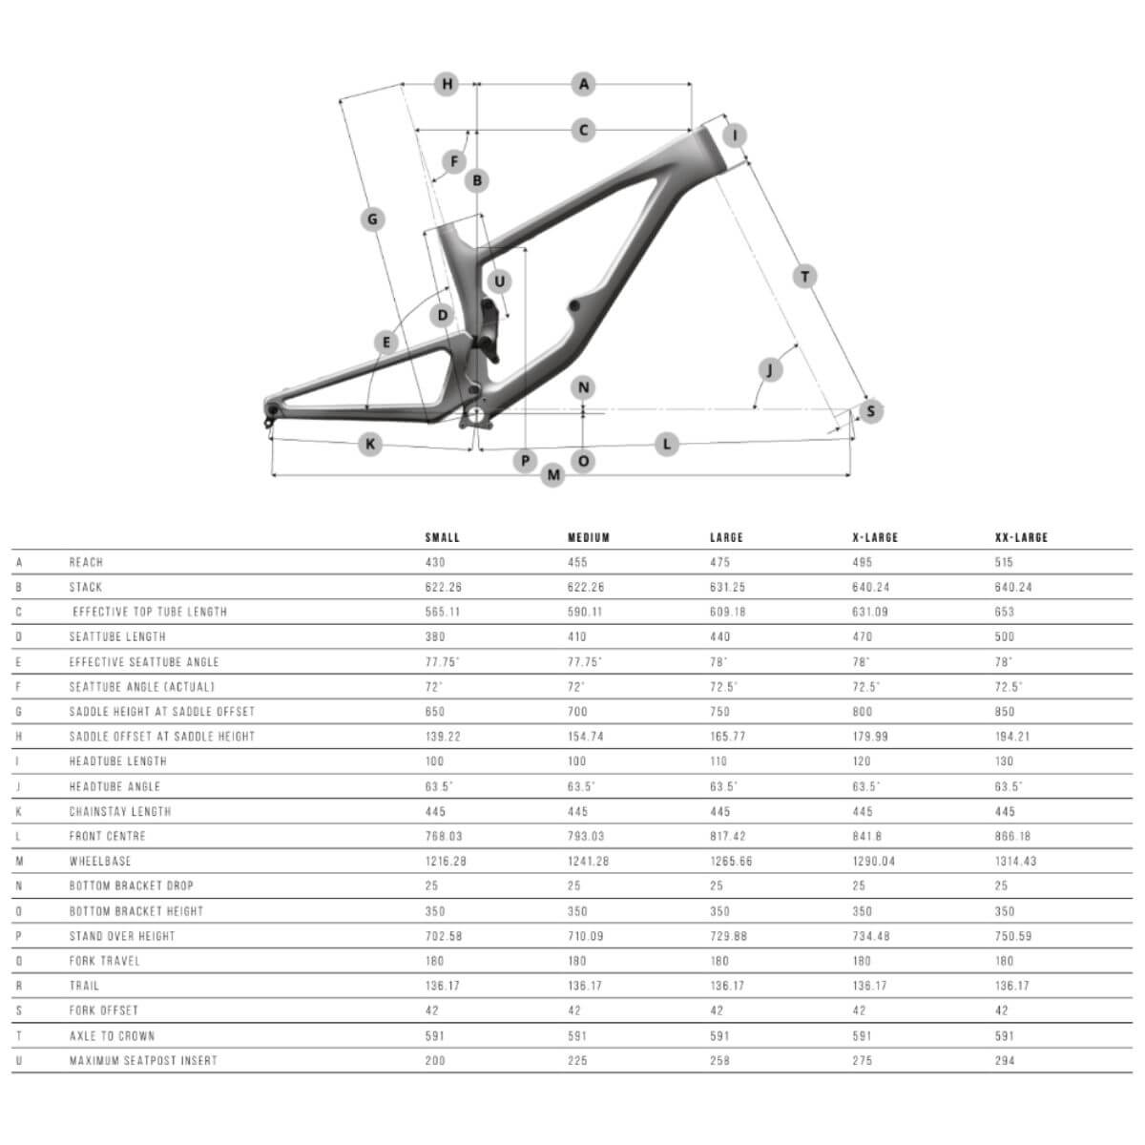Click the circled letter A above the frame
(584, 84)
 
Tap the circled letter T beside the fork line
(804, 277)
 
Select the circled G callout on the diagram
(372, 219)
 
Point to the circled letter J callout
(770, 369)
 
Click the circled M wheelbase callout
(553, 475)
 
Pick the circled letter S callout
(870, 411)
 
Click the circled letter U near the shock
(499, 281)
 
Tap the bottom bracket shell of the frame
(476, 415)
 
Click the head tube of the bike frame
(716, 149)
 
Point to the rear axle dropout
(272, 410)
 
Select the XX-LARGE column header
(1021, 538)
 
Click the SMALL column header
(442, 538)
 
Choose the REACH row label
(86, 562)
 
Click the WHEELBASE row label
(100, 861)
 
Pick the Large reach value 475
(719, 562)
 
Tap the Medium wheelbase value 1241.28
(589, 861)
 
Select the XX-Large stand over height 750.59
(1013, 936)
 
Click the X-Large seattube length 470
(863, 637)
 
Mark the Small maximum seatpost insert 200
(435, 1061)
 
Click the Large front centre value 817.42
(728, 836)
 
